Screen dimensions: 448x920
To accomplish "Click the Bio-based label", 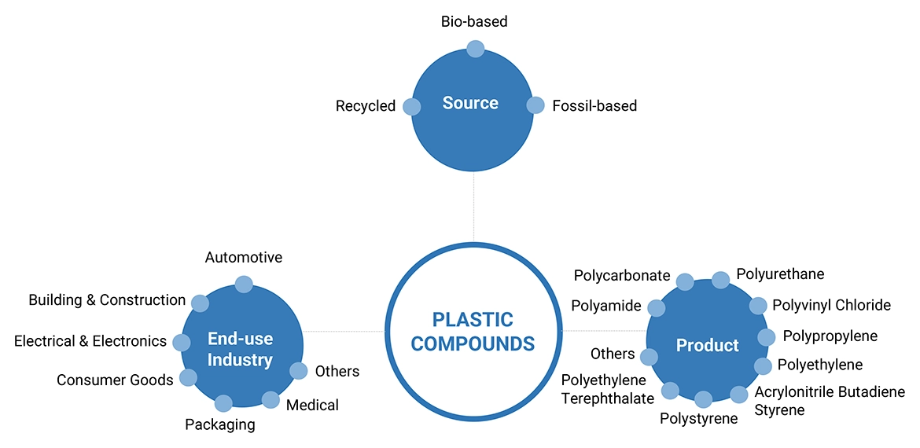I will point(474,22).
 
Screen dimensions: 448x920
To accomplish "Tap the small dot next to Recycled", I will point(411,107).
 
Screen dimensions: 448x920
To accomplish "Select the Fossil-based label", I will point(594,105).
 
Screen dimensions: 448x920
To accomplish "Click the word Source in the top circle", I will point(470,103).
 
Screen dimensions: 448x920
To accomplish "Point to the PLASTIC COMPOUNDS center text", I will point(473,332).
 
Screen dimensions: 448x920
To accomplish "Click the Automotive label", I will point(244,258).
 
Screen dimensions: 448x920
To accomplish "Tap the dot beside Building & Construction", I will point(200,303).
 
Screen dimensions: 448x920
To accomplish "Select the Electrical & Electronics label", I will point(90,341).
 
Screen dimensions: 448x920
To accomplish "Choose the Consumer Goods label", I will point(115,380).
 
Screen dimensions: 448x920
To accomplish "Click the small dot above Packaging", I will point(223,404).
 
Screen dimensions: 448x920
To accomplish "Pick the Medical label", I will point(312,406).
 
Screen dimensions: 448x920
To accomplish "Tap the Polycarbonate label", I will point(622,276).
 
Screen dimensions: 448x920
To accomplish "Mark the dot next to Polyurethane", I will point(720,280).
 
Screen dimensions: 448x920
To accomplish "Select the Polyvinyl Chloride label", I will point(831,305).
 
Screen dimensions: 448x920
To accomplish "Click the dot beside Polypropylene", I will point(766,337).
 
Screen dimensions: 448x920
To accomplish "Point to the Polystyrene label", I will point(698,419).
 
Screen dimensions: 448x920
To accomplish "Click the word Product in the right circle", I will point(708,346).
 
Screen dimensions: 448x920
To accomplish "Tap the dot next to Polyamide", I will point(656,307).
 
